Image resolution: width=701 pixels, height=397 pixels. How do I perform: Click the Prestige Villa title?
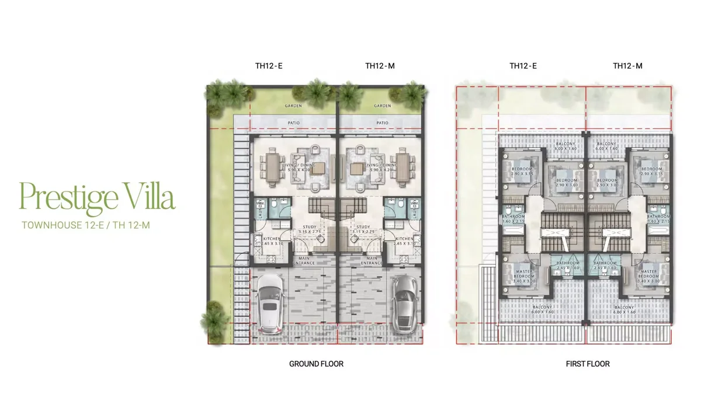98,197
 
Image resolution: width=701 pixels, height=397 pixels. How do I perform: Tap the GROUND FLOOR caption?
316,364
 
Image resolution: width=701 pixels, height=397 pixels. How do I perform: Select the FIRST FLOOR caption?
588,364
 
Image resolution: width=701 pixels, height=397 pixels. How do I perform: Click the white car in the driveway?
269,301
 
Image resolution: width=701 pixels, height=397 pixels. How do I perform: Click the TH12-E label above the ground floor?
269,66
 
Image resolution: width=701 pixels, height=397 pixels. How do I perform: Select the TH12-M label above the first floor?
627,66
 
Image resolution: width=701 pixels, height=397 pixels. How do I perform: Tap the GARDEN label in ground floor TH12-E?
293,106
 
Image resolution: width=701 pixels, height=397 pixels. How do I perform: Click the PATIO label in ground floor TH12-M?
382,123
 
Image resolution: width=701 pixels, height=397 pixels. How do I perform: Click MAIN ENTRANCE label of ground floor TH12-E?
305,260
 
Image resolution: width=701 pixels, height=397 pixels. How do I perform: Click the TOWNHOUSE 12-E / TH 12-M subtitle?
86,224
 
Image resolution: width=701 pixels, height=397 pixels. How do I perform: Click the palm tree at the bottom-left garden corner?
214,321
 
